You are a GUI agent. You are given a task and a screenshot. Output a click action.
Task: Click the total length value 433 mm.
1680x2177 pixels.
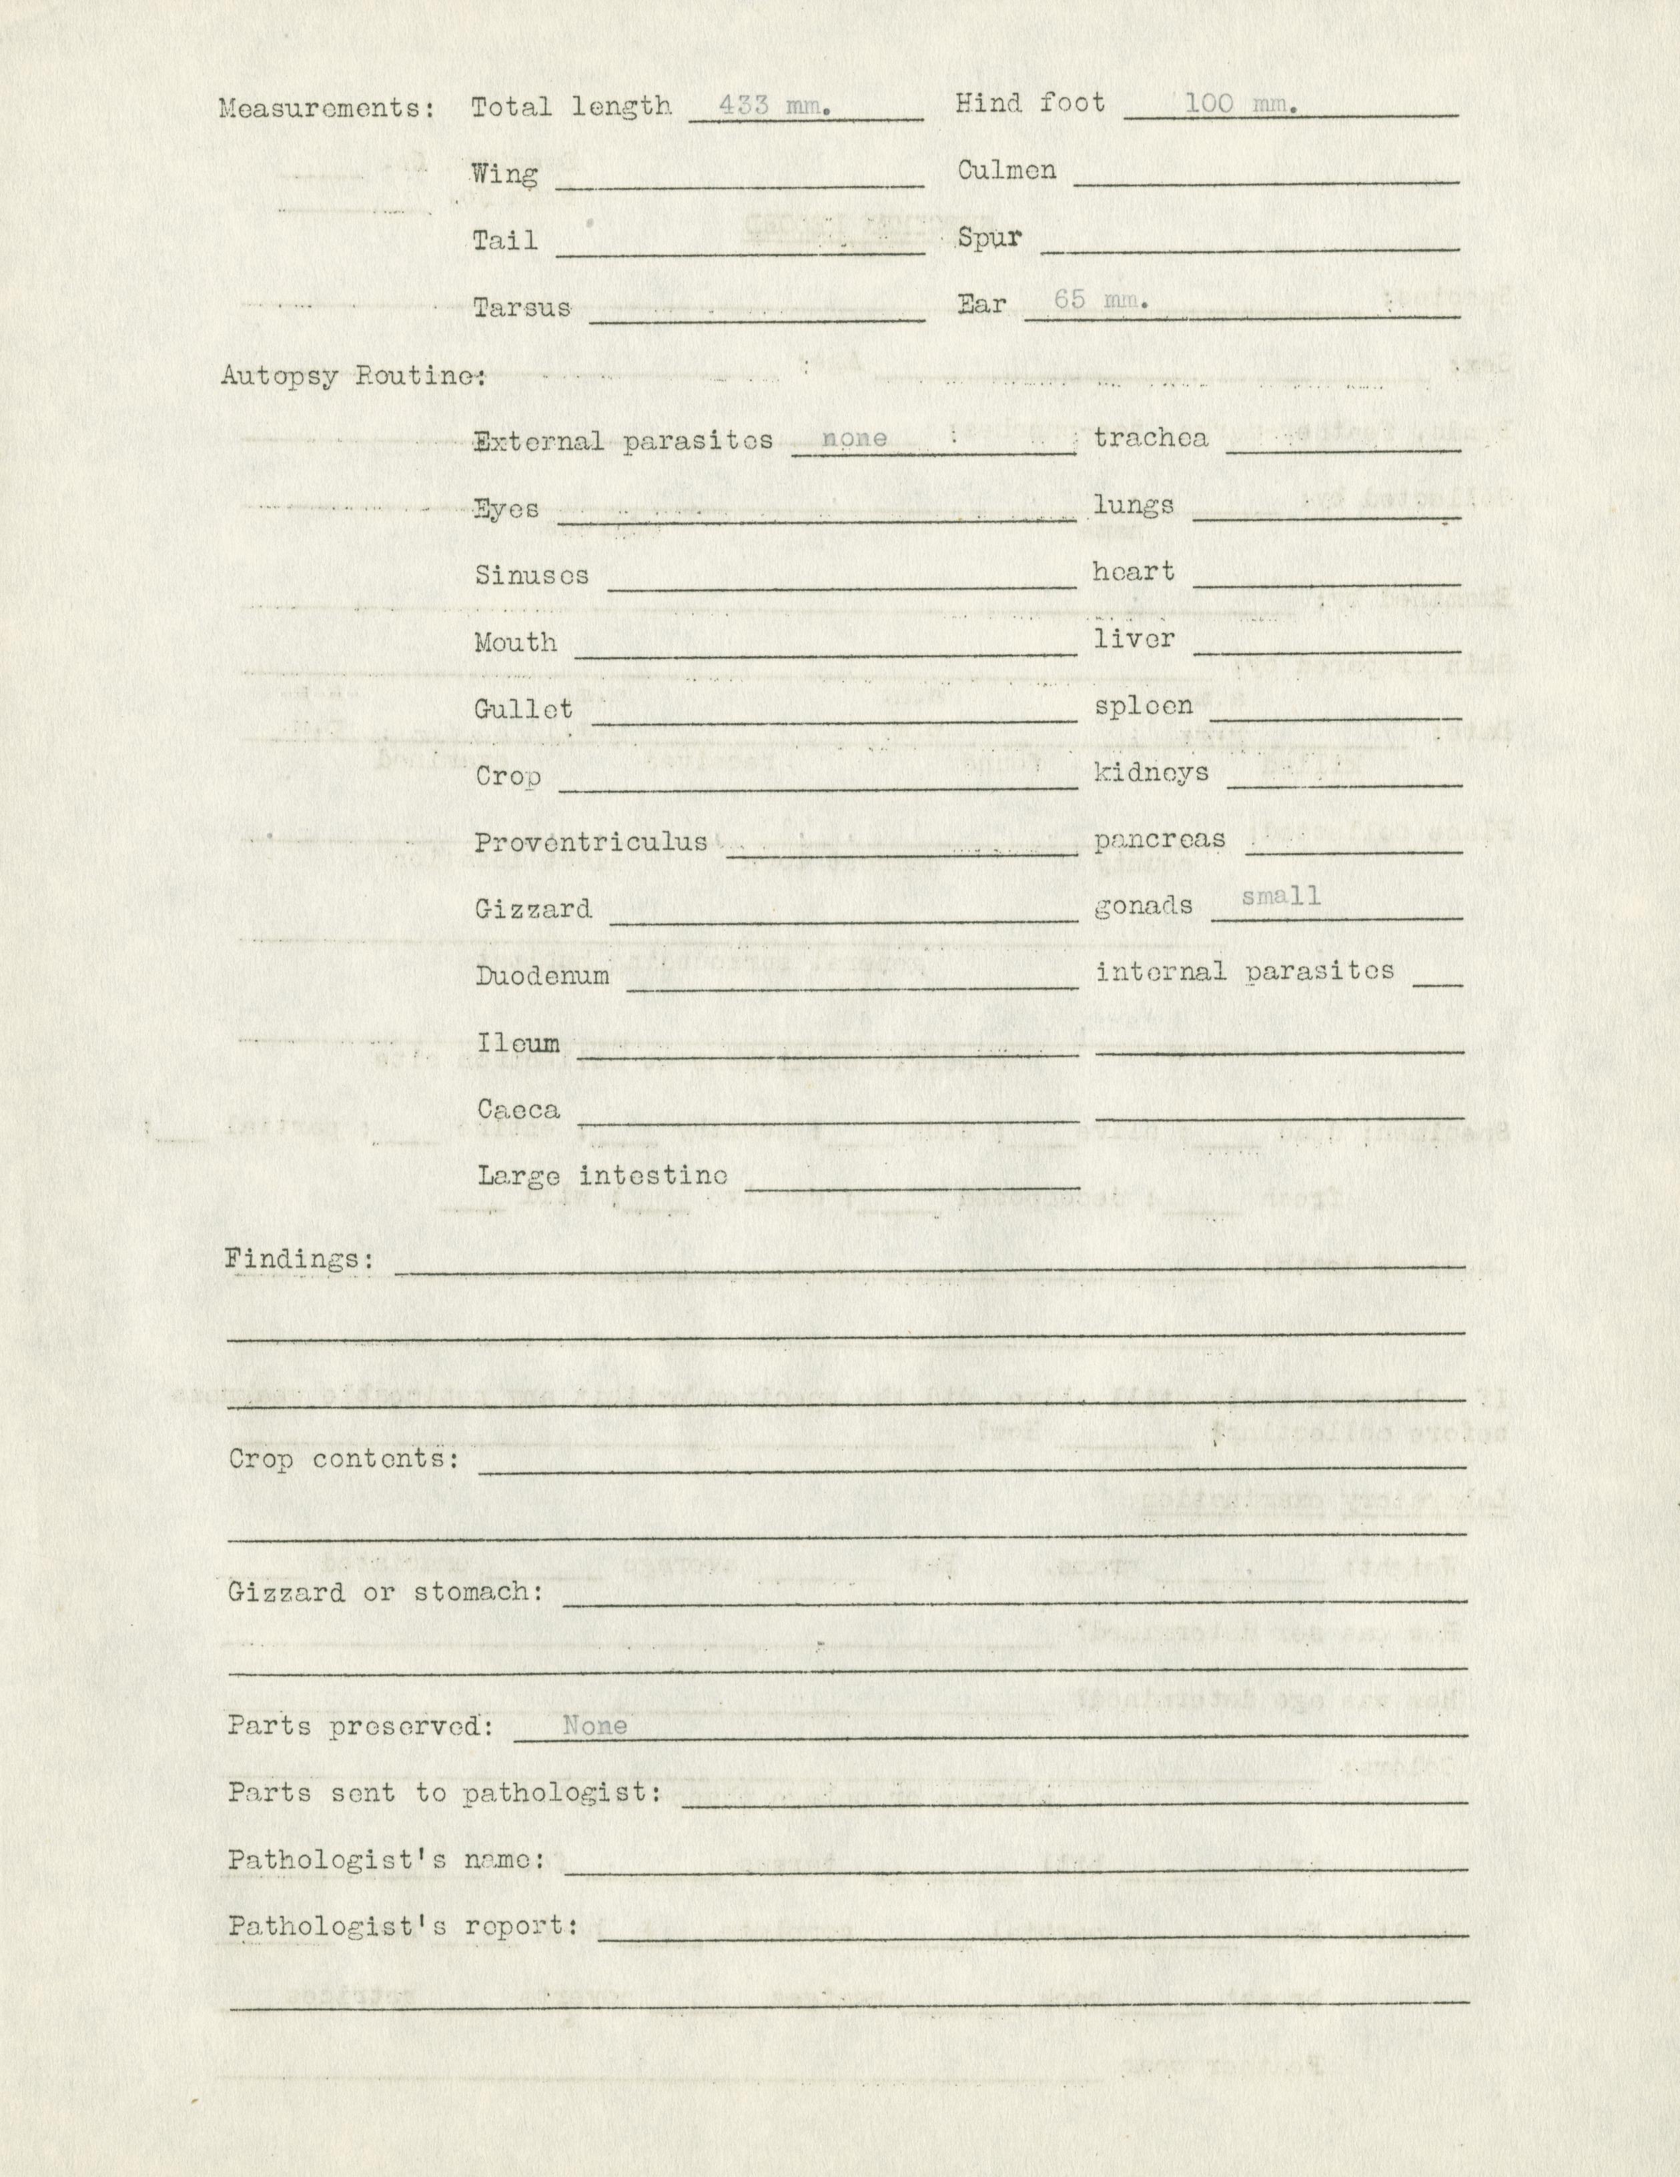tap(775, 105)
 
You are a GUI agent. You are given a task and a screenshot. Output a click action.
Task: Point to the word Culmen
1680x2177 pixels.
tap(1006, 171)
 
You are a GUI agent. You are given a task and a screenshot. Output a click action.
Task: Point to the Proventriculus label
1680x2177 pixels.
tap(590, 842)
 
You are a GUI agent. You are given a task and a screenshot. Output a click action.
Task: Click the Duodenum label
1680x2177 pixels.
tap(541, 975)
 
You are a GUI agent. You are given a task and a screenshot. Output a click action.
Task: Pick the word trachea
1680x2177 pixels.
tap(1150, 438)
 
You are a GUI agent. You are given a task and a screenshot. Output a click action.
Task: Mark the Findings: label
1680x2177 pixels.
tap(299, 1259)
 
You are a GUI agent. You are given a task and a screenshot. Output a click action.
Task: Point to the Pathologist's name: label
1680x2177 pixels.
tap(385, 1860)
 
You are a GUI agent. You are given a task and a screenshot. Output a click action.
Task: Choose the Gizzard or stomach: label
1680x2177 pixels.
tap(385, 1592)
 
